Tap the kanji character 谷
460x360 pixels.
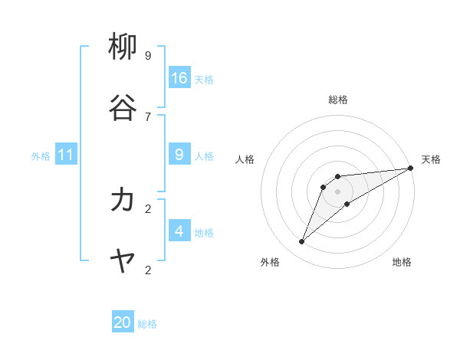pyautogui.click(x=123, y=108)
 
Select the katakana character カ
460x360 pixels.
pyautogui.click(x=123, y=200)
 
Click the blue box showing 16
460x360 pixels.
pyautogui.click(x=179, y=78)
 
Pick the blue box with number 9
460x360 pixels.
pyautogui.click(x=179, y=155)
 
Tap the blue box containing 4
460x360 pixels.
pyautogui.click(x=179, y=231)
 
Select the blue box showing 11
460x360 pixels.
pyautogui.click(x=66, y=155)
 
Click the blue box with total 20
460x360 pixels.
pyautogui.click(x=123, y=322)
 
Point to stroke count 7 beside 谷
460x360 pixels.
pyautogui.click(x=148, y=116)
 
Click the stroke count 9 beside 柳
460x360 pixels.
pyautogui.click(x=148, y=55)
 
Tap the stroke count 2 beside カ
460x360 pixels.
pyautogui.click(x=148, y=208)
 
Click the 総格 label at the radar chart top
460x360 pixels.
pyautogui.click(x=338, y=100)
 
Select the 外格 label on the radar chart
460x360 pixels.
pyautogui.click(x=270, y=262)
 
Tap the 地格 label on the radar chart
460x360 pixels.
pyautogui.click(x=402, y=262)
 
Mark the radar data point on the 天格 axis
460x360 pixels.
pyautogui.click(x=410, y=168)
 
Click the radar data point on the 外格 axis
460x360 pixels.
pyautogui.click(x=301, y=242)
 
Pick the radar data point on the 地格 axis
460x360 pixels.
pyautogui.click(x=347, y=204)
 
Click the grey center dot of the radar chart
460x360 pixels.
pyautogui.click(x=338, y=191)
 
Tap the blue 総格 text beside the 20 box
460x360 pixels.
pyautogui.click(x=147, y=324)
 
